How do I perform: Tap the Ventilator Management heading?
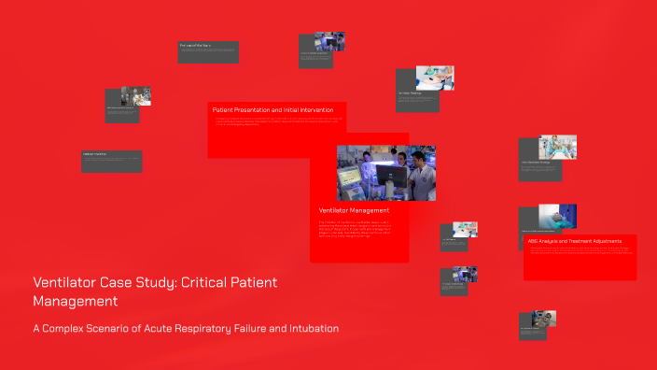347,211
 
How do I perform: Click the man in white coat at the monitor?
421,173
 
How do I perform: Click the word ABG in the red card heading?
534,241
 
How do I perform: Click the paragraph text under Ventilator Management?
358,228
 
